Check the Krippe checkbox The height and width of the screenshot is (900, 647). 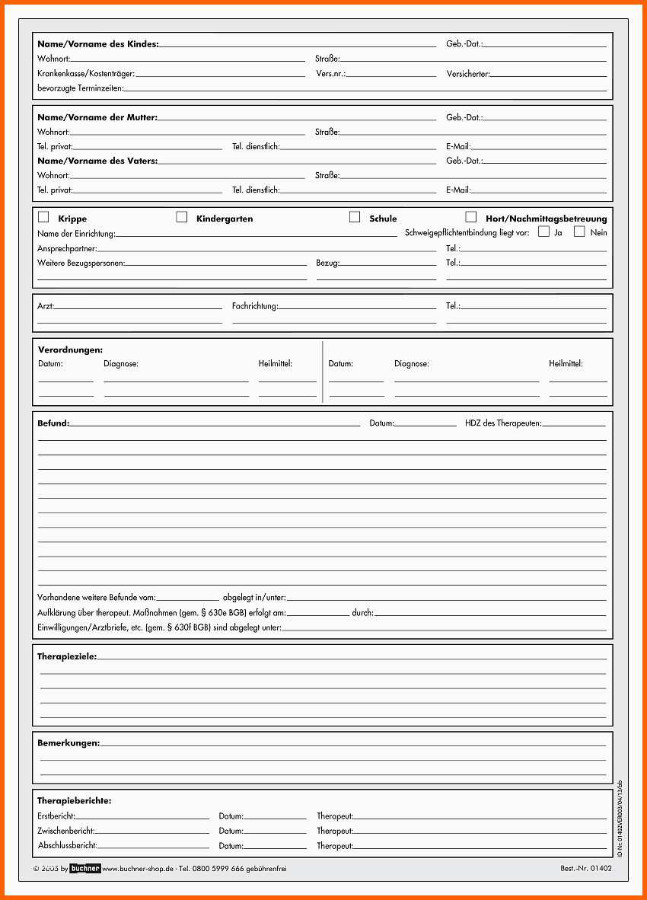click(43, 217)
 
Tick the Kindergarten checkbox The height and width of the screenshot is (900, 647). click(181, 217)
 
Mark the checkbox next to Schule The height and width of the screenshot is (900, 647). click(355, 217)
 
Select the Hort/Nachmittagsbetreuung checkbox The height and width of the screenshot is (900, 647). click(471, 217)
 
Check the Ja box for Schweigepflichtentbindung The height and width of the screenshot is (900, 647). click(543, 231)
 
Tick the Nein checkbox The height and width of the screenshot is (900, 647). click(579, 231)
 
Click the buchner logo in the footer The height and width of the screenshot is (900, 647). click(84, 868)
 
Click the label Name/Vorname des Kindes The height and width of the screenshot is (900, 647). click(97, 44)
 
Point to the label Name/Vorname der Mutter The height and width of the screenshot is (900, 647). click(97, 117)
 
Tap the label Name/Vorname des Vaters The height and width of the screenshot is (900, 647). click(97, 161)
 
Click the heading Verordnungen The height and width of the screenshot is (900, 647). click(70, 349)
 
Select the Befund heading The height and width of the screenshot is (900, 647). click(53, 423)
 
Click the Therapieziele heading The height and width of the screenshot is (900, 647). click(66, 656)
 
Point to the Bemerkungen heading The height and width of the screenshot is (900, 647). click(68, 743)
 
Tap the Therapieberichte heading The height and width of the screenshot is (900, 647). click(74, 801)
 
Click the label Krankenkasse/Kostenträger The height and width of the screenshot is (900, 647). click(85, 74)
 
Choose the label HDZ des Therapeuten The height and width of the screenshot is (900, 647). click(502, 423)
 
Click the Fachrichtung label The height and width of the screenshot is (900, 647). click(255, 306)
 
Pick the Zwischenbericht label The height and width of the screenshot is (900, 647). click(65, 831)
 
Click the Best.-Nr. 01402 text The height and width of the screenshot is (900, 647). click(585, 868)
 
